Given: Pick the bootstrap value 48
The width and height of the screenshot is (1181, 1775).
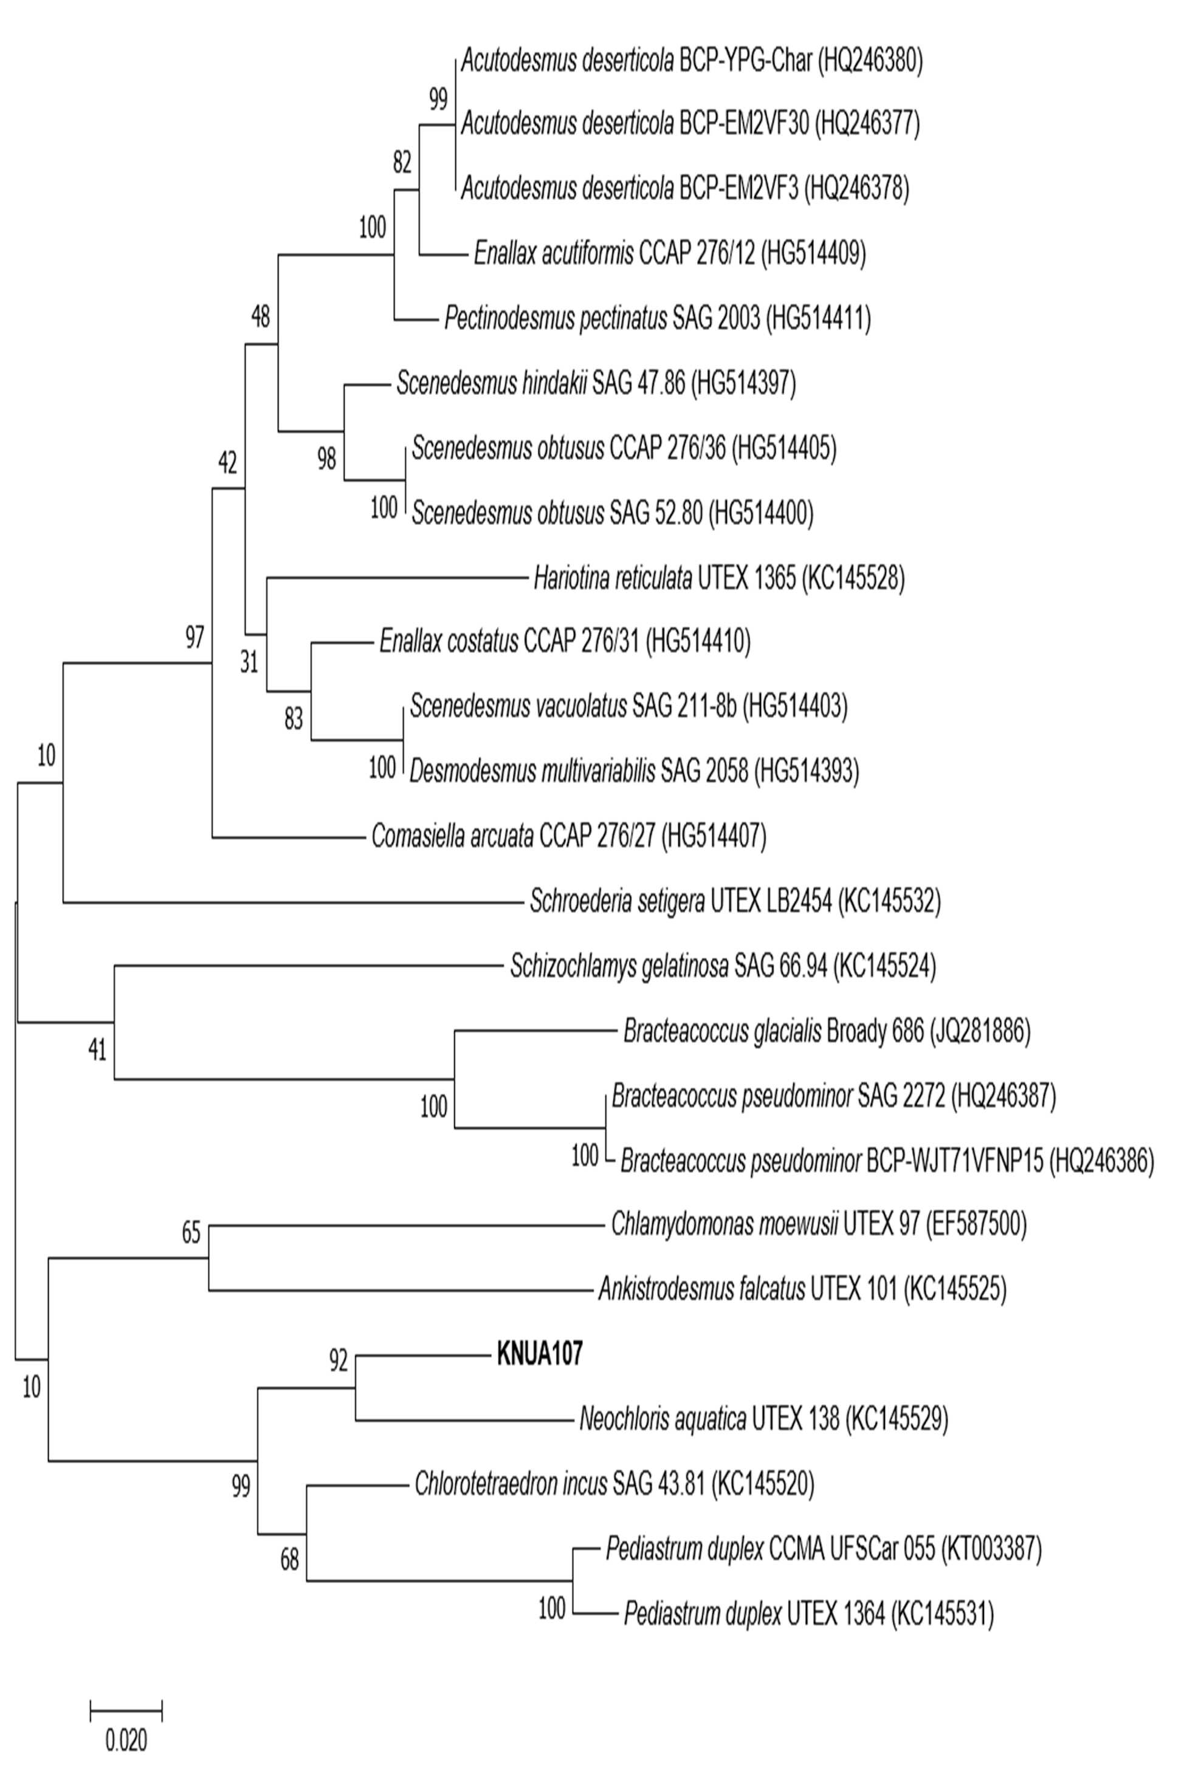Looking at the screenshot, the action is tap(260, 317).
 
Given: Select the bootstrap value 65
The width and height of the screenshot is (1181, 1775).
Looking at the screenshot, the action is tap(191, 1233).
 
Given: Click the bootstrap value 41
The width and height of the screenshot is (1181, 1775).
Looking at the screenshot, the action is tap(97, 1049).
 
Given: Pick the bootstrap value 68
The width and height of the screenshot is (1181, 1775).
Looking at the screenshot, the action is tap(289, 1560).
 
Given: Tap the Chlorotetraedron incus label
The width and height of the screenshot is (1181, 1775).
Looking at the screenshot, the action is tap(511, 1483).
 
